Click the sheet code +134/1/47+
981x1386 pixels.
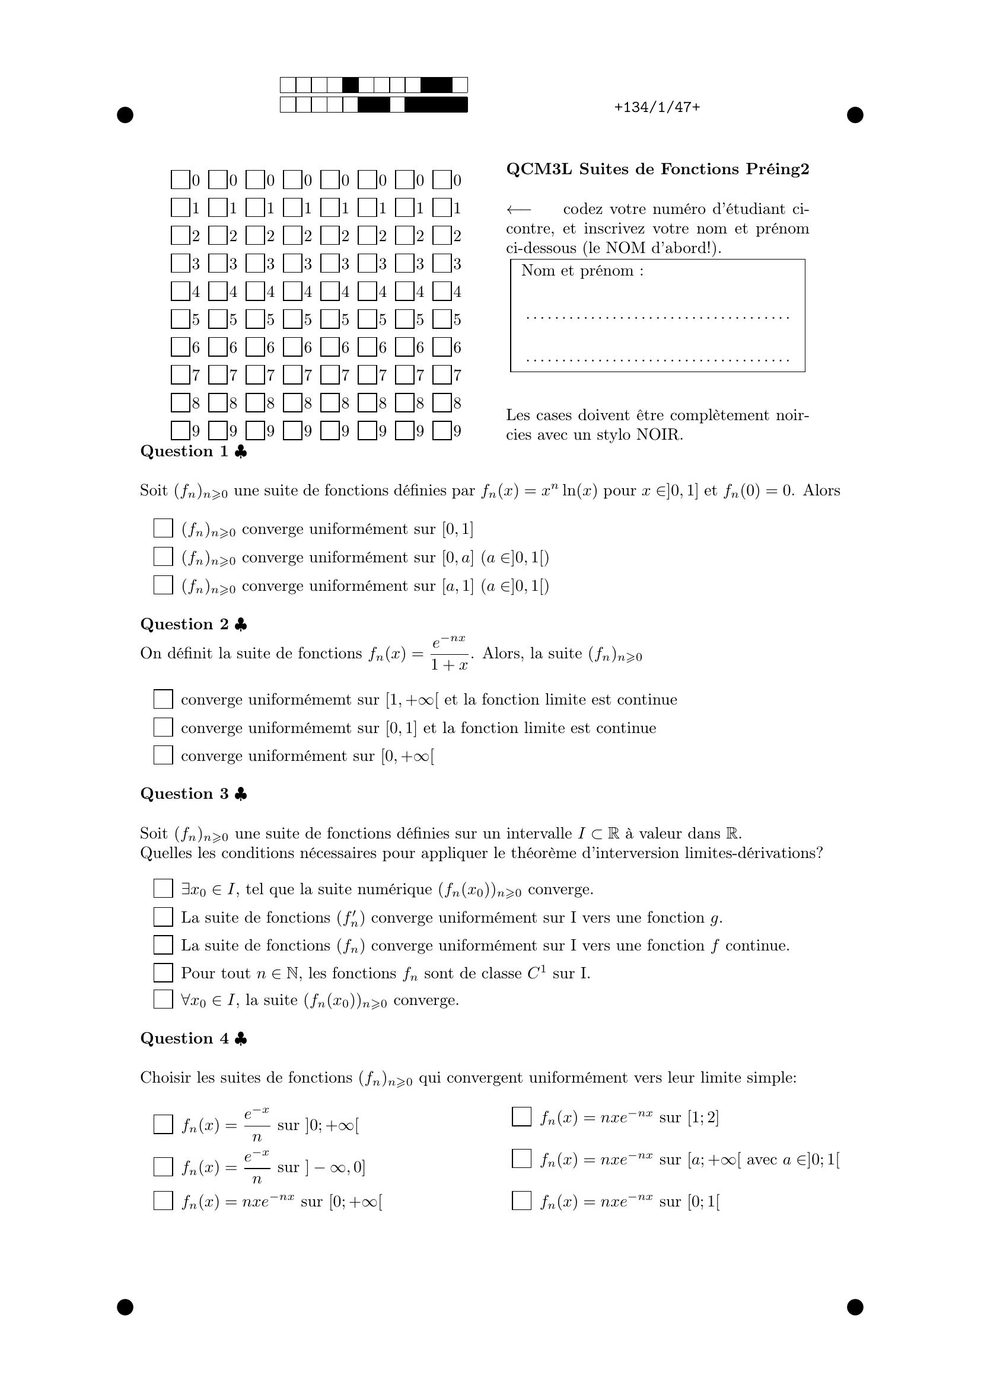tap(657, 107)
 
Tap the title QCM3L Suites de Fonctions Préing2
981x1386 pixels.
tap(657, 169)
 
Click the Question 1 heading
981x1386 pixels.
tap(184, 452)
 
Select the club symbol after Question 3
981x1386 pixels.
tap(240, 795)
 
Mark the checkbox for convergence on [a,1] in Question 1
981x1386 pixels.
tap(163, 585)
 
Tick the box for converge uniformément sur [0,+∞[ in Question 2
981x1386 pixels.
tap(163, 755)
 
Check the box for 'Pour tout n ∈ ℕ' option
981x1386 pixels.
tap(163, 972)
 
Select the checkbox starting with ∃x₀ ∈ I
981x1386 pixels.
tap(163, 889)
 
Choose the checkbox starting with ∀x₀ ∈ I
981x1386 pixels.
tap(163, 1000)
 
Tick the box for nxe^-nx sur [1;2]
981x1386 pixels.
tap(521, 1117)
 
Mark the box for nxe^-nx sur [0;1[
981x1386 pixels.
tap(521, 1201)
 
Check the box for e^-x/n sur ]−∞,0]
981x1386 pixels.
tap(163, 1167)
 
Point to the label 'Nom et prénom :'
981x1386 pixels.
tap(582, 271)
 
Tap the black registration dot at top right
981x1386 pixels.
tap(855, 115)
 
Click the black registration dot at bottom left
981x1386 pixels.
tap(125, 1307)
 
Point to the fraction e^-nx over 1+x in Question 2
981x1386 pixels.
tap(450, 652)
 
